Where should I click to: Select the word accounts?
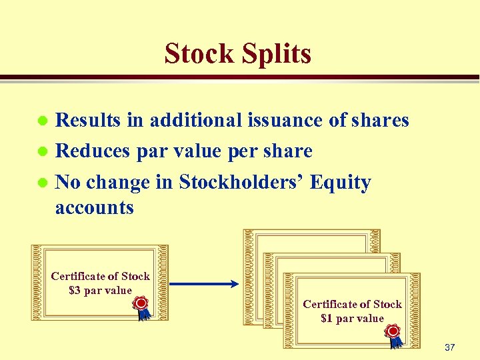click(95, 207)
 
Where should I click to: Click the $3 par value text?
click(101, 291)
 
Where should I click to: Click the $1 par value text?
click(352, 319)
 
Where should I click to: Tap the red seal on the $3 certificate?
click(141, 304)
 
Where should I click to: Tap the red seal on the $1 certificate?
click(393, 331)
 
